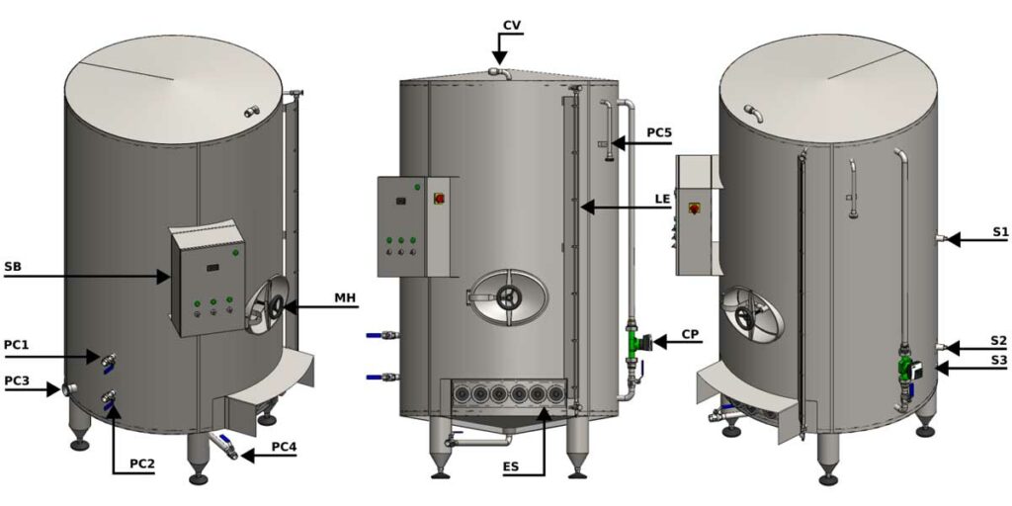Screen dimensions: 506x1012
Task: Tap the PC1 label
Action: point(17,344)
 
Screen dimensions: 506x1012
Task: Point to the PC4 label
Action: point(283,446)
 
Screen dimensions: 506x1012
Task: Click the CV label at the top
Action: point(512,24)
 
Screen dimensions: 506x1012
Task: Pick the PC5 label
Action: point(662,131)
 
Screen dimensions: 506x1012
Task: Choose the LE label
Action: point(662,198)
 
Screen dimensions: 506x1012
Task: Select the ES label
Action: point(512,466)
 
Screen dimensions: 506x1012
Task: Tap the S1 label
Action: point(1000,231)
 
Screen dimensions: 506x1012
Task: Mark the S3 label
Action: point(1000,361)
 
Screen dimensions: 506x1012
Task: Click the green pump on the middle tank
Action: point(634,344)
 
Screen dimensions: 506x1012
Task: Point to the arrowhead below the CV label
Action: point(501,58)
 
